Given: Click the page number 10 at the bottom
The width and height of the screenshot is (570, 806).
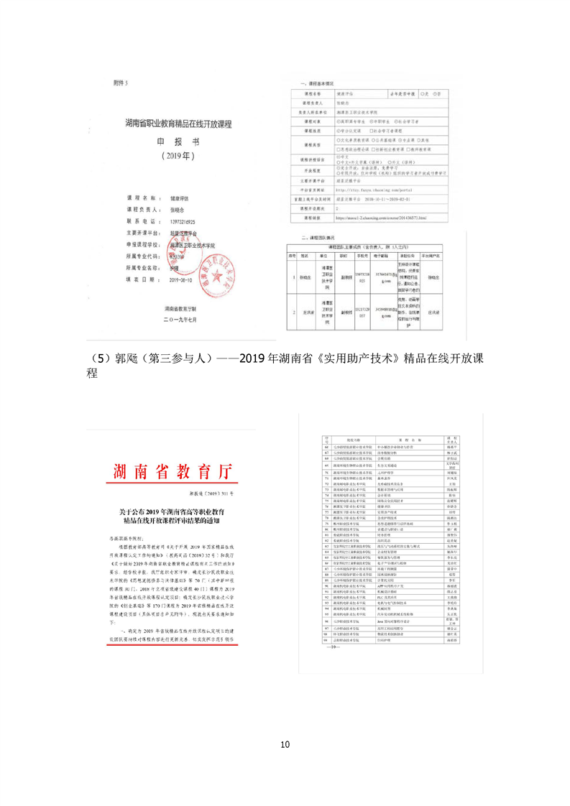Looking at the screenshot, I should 285,744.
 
